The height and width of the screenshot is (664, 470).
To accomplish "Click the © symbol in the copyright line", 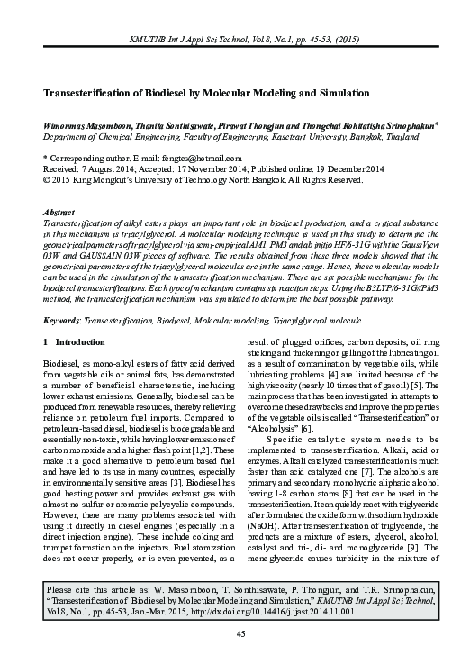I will click(48, 178).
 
